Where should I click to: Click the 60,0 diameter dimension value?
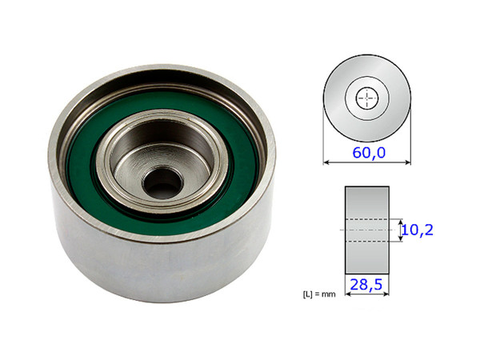(x=367, y=152)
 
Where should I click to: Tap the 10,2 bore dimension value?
(x=418, y=230)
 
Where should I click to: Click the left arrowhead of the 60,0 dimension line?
(x=326, y=163)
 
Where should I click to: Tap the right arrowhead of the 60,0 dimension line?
(x=408, y=163)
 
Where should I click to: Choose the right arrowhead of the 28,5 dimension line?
(x=386, y=294)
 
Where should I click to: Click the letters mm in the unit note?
(x=334, y=294)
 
